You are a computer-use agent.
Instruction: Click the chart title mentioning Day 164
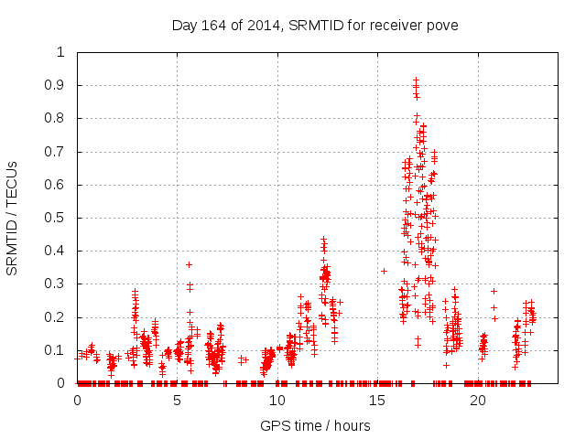[x=315, y=24]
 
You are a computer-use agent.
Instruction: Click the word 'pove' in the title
[x=441, y=25]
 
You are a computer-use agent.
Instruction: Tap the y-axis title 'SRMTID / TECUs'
[x=12, y=218]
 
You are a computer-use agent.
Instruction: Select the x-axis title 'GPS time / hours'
[x=315, y=425]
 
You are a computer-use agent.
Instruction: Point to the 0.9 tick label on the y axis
[x=56, y=85]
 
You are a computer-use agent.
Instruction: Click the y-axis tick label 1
[x=60, y=52]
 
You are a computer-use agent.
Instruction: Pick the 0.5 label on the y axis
[x=56, y=218]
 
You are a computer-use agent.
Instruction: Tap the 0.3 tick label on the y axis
[x=56, y=284]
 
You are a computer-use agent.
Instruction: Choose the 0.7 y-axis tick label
[x=56, y=151]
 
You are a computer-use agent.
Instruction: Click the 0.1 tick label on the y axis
[x=56, y=350]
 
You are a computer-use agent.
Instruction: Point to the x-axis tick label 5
[x=178, y=401]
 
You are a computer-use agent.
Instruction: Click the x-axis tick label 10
[x=277, y=401]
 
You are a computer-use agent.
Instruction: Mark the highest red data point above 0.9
[x=416, y=80]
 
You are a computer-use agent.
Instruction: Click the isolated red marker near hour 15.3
[x=385, y=271]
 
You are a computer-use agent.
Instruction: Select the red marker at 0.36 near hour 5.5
[x=189, y=264]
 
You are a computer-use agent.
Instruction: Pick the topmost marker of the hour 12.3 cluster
[x=323, y=240]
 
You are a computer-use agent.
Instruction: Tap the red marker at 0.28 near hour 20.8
[x=494, y=291]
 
